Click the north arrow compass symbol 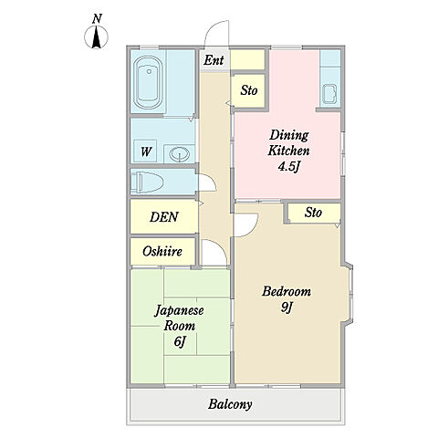pos(96,37)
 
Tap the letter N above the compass pos(97,19)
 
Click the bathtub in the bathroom pos(147,82)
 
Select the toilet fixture pos(147,182)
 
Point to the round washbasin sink pos(180,154)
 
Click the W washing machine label pos(146,151)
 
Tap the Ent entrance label pos(214,60)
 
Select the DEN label pos(164,216)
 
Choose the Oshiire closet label pos(162,251)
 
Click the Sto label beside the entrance pos(249,90)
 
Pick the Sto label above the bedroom pos(313,213)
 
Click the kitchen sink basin pos(329,94)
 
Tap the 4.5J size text pos(289,166)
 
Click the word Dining pos(289,135)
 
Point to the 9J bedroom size pos(287,308)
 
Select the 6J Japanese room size pos(180,341)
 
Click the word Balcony pos(230,404)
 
